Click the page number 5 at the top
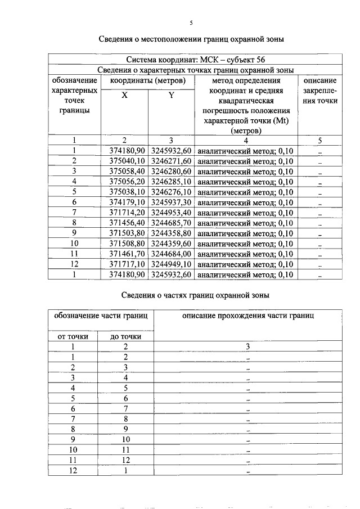pyautogui.click(x=191, y=22)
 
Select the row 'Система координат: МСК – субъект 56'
pyautogui.click(x=195, y=59)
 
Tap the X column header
pyautogui.click(x=124, y=96)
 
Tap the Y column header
pyautogui.click(x=171, y=96)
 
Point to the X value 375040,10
pyautogui.click(x=127, y=161)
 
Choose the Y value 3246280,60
pyautogui.click(x=172, y=172)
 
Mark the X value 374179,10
pyautogui.click(x=127, y=202)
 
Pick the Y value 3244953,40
pyautogui.click(x=172, y=213)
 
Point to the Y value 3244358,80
pyautogui.click(x=172, y=233)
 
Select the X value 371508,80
pyautogui.click(x=127, y=244)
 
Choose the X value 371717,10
pyautogui.click(x=127, y=264)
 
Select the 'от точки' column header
pyautogui.click(x=73, y=336)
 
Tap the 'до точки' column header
pyautogui.click(x=125, y=336)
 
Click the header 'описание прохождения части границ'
pyautogui.click(x=247, y=316)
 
